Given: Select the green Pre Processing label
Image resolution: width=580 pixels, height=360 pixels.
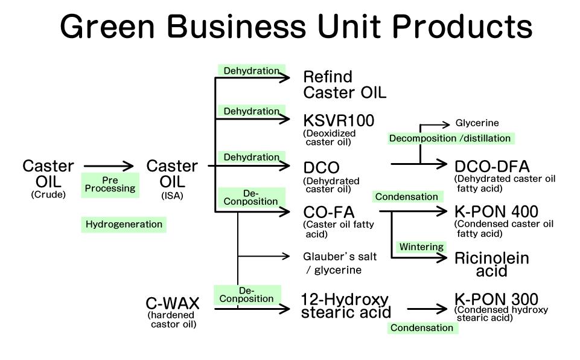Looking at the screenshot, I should tap(110, 184).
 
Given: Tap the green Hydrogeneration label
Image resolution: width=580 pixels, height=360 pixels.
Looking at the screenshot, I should tap(124, 225).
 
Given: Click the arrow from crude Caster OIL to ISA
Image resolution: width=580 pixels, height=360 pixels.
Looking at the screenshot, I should tap(109, 166).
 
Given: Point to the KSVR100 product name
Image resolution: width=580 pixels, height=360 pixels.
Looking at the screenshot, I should tap(338, 121).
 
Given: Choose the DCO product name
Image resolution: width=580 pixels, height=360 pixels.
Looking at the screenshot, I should tap(321, 167).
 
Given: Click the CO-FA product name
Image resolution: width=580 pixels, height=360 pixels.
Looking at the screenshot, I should tap(328, 212).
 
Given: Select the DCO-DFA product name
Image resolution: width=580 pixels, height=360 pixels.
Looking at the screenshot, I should tap(491, 166).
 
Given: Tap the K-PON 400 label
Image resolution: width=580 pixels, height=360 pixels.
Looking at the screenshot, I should tap(496, 211).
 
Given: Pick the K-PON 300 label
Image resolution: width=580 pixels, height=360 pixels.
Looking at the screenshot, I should tap(496, 299).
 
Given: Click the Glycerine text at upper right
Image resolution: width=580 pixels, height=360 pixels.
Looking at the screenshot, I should tap(477, 123).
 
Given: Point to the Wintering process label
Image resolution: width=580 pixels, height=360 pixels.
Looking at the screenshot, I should tap(421, 247).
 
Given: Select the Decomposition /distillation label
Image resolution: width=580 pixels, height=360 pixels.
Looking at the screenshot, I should tap(450, 138).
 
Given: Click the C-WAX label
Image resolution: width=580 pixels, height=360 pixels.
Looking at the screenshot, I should tap(172, 303).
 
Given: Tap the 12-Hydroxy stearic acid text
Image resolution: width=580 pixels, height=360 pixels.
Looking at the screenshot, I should tap(345, 306).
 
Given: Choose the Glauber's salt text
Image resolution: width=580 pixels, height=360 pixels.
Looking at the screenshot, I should tap(340, 257).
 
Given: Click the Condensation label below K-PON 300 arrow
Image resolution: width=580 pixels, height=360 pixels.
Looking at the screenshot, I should tap(422, 328).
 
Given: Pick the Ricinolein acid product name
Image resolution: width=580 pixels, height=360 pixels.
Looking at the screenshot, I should tap(491, 265).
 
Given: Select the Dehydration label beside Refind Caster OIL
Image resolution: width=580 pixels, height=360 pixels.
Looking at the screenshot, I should tap(251, 71).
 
